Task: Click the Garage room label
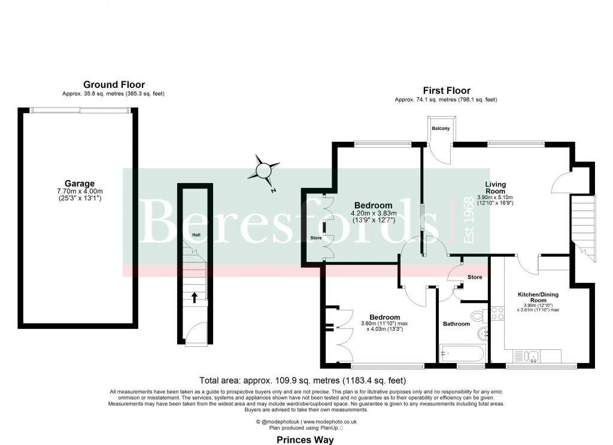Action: point(80,184)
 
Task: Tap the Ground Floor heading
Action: point(114,85)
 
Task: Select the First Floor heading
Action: point(446,91)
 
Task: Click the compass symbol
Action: point(264,170)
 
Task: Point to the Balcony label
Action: point(441,129)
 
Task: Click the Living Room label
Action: point(495,187)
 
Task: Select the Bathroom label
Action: point(456,324)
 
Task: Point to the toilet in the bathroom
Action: point(478,315)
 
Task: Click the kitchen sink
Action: point(532,356)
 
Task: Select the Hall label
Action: point(196,234)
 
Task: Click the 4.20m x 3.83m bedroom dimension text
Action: point(372,215)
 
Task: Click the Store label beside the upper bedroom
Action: point(315,238)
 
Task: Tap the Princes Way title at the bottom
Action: point(305,440)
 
